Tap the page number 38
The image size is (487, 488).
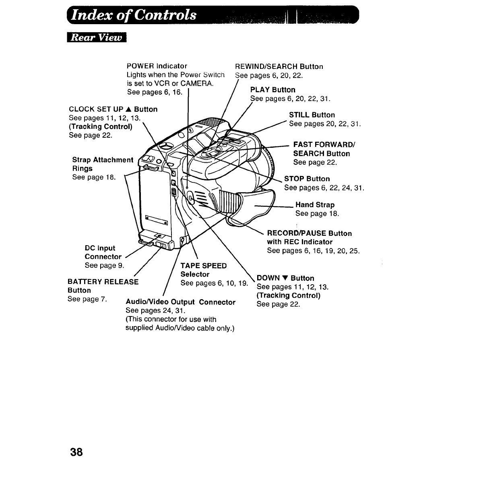click(76, 452)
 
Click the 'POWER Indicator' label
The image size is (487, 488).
click(157, 66)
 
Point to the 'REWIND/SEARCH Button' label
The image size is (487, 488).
click(279, 66)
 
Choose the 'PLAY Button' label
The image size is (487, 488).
click(272, 90)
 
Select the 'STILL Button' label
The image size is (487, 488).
click(312, 115)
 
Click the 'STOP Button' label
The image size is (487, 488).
click(307, 179)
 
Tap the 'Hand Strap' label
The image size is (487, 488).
click(315, 205)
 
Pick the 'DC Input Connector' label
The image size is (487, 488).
click(103, 252)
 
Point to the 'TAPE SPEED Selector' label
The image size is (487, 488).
click(203, 270)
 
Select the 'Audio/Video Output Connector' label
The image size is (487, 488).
click(180, 302)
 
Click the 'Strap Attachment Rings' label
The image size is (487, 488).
click(102, 164)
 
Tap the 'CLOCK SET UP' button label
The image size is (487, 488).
click(113, 110)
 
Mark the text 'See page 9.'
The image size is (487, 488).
click(104, 265)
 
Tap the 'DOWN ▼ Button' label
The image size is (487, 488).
click(285, 278)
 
